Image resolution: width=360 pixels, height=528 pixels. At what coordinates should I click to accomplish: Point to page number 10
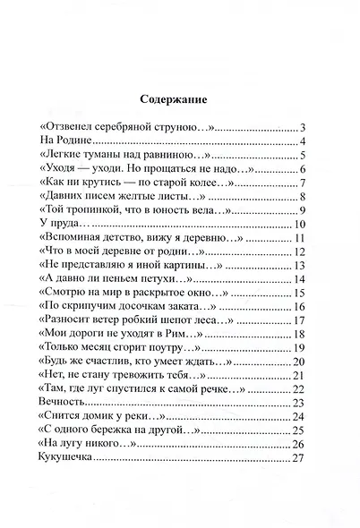pos(301,224)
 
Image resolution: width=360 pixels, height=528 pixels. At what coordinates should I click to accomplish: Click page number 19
pos(301,347)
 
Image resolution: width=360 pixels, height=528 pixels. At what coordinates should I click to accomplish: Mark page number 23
pos(301,402)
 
